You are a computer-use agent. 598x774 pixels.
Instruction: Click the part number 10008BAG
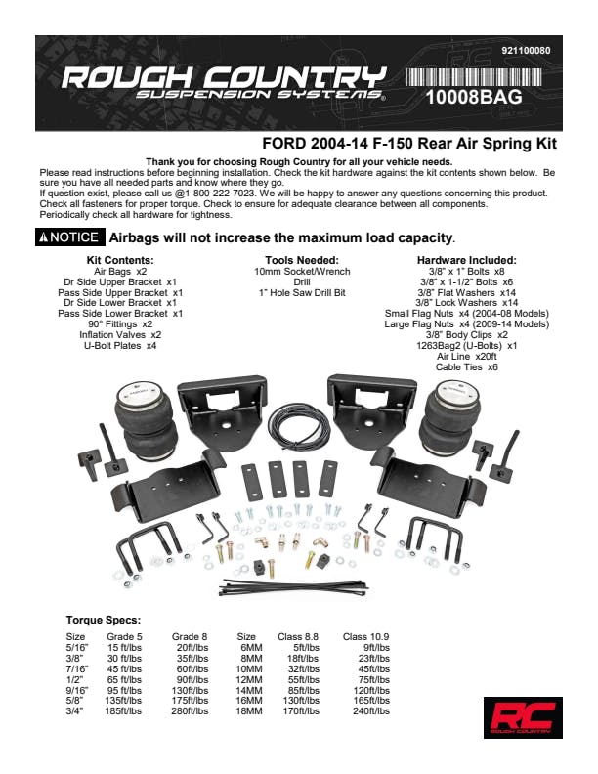[x=473, y=98]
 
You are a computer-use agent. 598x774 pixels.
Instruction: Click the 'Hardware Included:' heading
[x=466, y=260]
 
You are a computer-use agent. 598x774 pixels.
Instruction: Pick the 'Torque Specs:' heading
[x=103, y=620]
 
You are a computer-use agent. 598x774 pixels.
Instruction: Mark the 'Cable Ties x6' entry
[x=466, y=367]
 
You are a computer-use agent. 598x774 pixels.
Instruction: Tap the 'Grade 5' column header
[x=123, y=636]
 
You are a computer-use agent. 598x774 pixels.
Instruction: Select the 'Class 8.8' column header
[x=305, y=636]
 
